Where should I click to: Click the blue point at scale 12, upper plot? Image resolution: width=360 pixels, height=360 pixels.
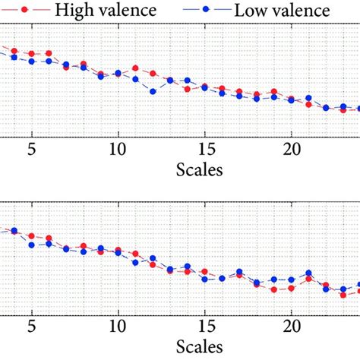pyautogui.click(x=153, y=91)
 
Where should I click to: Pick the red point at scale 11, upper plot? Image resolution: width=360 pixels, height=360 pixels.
pyautogui.click(x=135, y=68)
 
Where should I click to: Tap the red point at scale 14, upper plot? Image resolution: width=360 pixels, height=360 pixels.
pyautogui.click(x=187, y=89)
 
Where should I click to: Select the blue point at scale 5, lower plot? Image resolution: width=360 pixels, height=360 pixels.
pyautogui.click(x=31, y=245)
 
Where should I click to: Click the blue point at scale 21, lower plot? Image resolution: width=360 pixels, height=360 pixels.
pyautogui.click(x=308, y=273)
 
